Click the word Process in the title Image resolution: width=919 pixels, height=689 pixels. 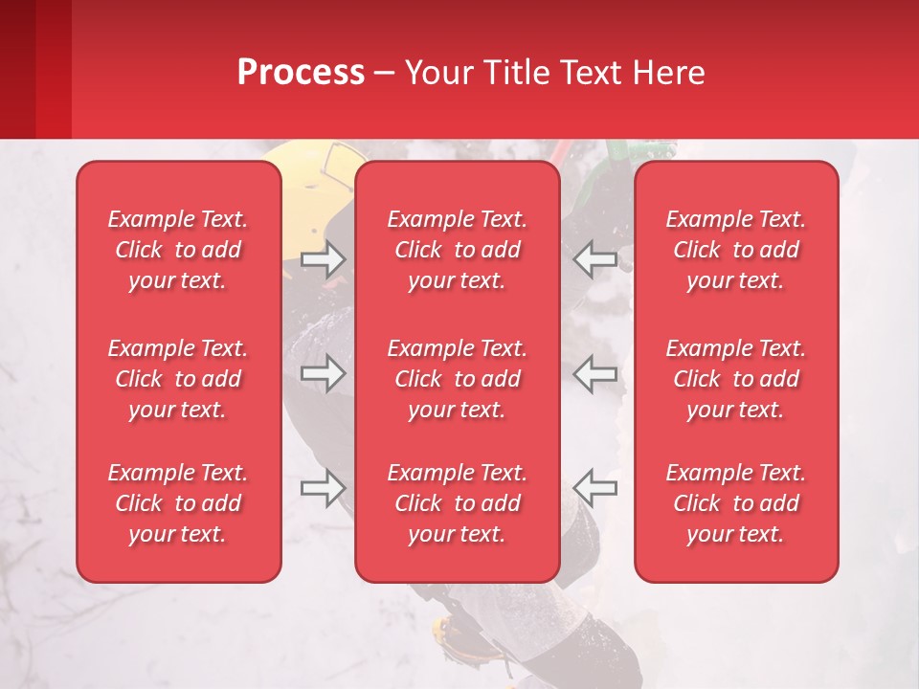(301, 73)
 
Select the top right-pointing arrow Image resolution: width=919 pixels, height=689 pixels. (323, 259)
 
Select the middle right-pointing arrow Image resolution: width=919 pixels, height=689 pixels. (323, 373)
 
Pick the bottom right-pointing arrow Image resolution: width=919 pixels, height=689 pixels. (323, 487)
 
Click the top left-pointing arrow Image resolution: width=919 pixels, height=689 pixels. (595, 259)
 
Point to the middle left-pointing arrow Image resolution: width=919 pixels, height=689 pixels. (595, 373)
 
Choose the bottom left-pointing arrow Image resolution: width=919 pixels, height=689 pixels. (595, 487)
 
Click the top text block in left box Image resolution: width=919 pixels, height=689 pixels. (178, 250)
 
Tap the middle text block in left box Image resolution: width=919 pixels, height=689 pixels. (178, 379)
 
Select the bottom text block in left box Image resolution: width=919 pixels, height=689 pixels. (178, 503)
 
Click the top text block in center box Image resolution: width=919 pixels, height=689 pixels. (457, 250)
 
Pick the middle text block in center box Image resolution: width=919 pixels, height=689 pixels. (457, 379)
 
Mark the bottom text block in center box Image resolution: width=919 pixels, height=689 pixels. (457, 503)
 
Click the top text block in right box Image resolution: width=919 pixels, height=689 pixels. (735, 250)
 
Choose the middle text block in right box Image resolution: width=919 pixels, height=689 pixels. (735, 379)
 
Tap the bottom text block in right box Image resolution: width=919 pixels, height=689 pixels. (735, 503)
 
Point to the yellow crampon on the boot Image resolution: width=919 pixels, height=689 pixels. (446, 631)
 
